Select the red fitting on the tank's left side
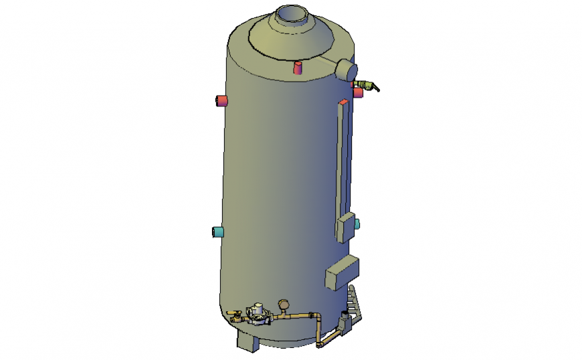click(x=220, y=101)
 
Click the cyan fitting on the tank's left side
click(x=218, y=232)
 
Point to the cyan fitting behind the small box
click(x=357, y=223)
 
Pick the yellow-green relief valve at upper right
click(x=367, y=85)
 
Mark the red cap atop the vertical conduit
click(x=343, y=102)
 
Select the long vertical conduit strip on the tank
click(x=343, y=161)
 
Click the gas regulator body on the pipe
click(x=256, y=314)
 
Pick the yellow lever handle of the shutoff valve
click(x=233, y=312)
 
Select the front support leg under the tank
click(x=247, y=343)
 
